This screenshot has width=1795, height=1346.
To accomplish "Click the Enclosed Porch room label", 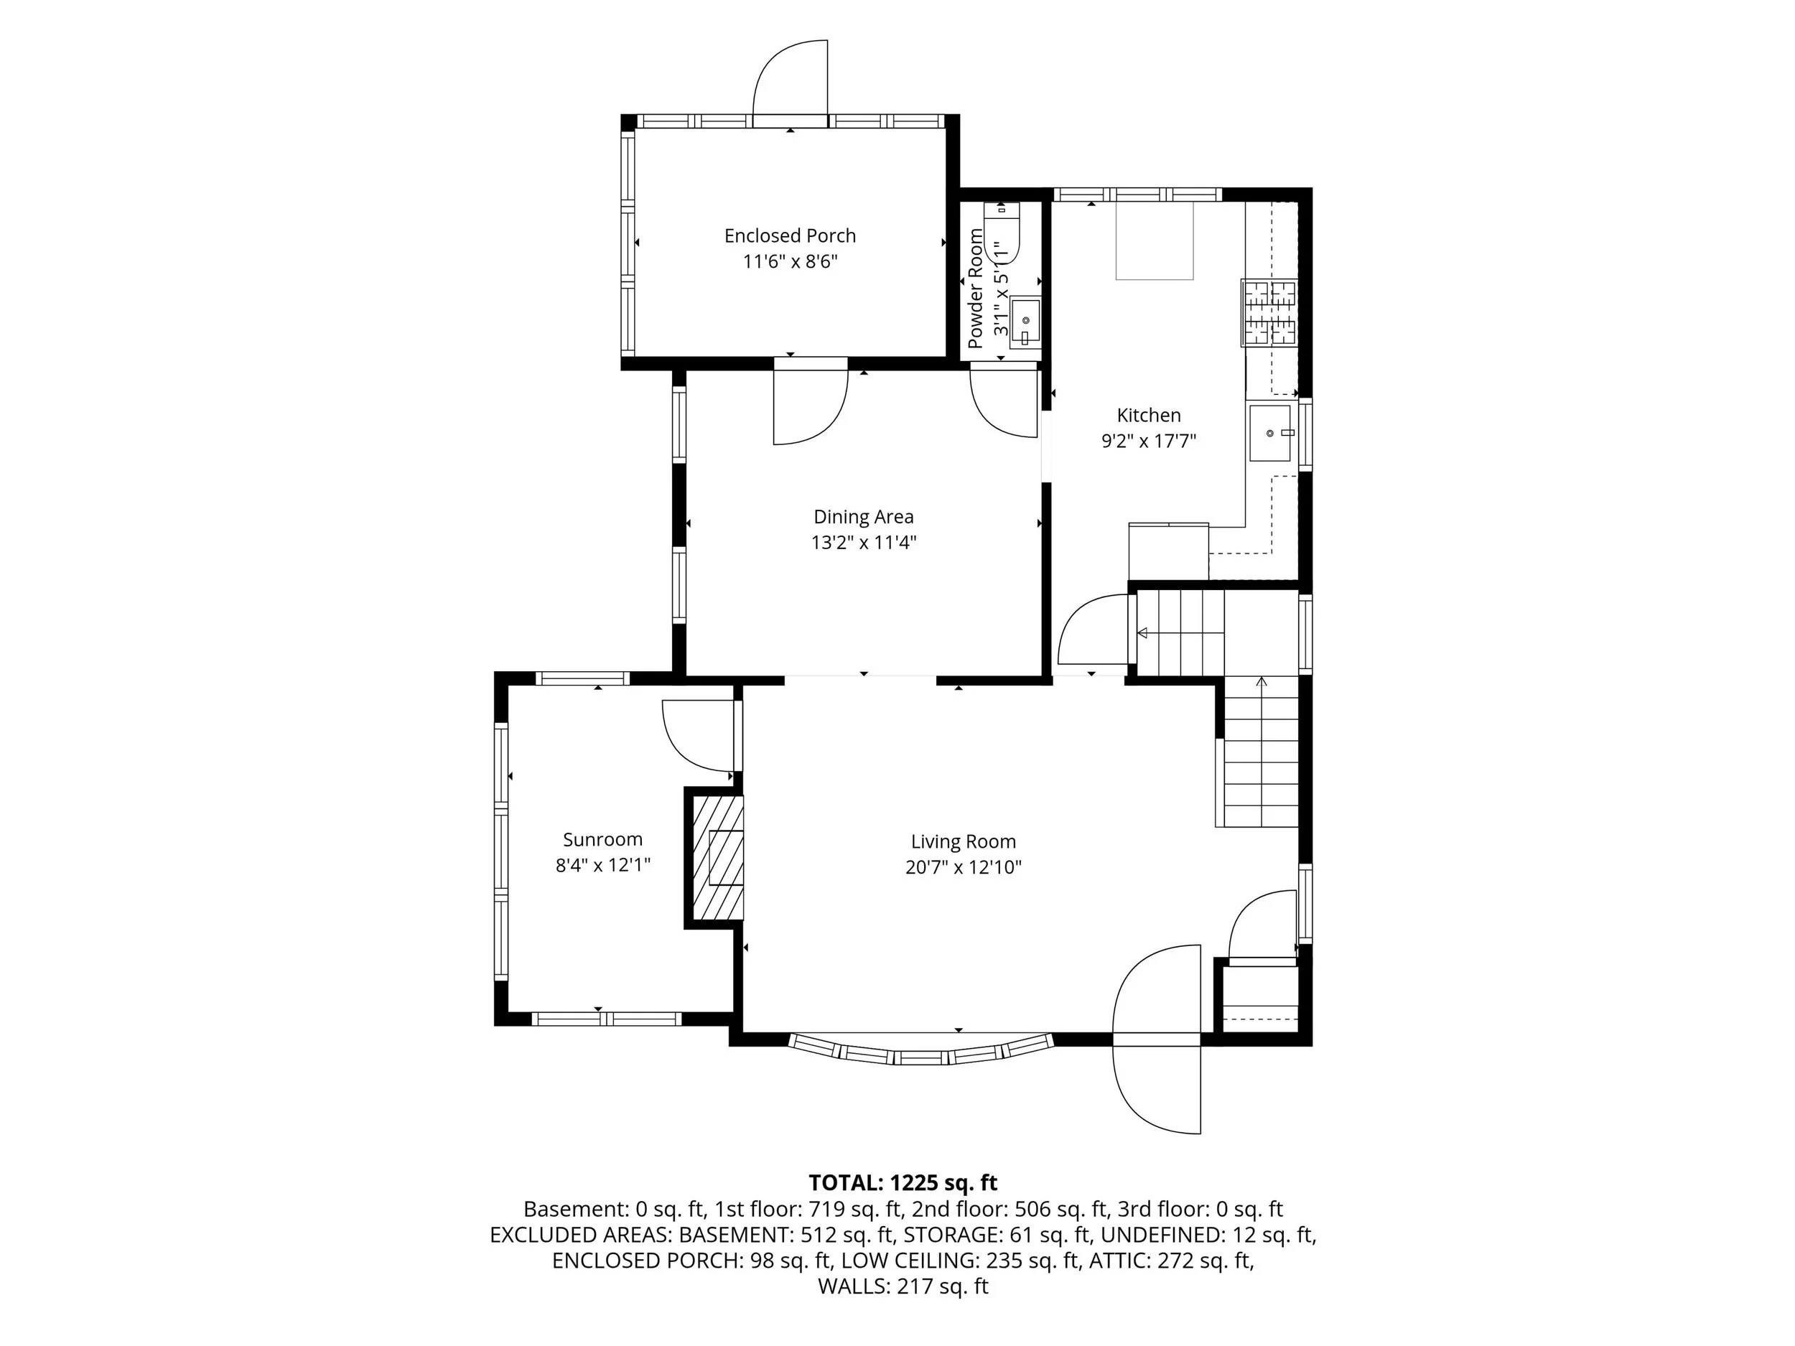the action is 790,235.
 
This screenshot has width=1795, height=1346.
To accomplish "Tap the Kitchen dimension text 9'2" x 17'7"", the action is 1148,441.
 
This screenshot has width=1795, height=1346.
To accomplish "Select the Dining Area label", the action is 864,517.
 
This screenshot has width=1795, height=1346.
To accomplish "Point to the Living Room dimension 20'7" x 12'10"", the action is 964,867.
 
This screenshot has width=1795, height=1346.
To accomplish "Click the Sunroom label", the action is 602,840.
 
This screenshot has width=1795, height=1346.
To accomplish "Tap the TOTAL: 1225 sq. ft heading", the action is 903,1182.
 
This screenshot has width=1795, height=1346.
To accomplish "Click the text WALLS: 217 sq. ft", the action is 903,1286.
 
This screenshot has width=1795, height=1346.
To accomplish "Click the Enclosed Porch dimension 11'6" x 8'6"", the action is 790,261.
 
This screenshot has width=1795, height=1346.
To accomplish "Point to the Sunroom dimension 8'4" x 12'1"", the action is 603,866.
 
